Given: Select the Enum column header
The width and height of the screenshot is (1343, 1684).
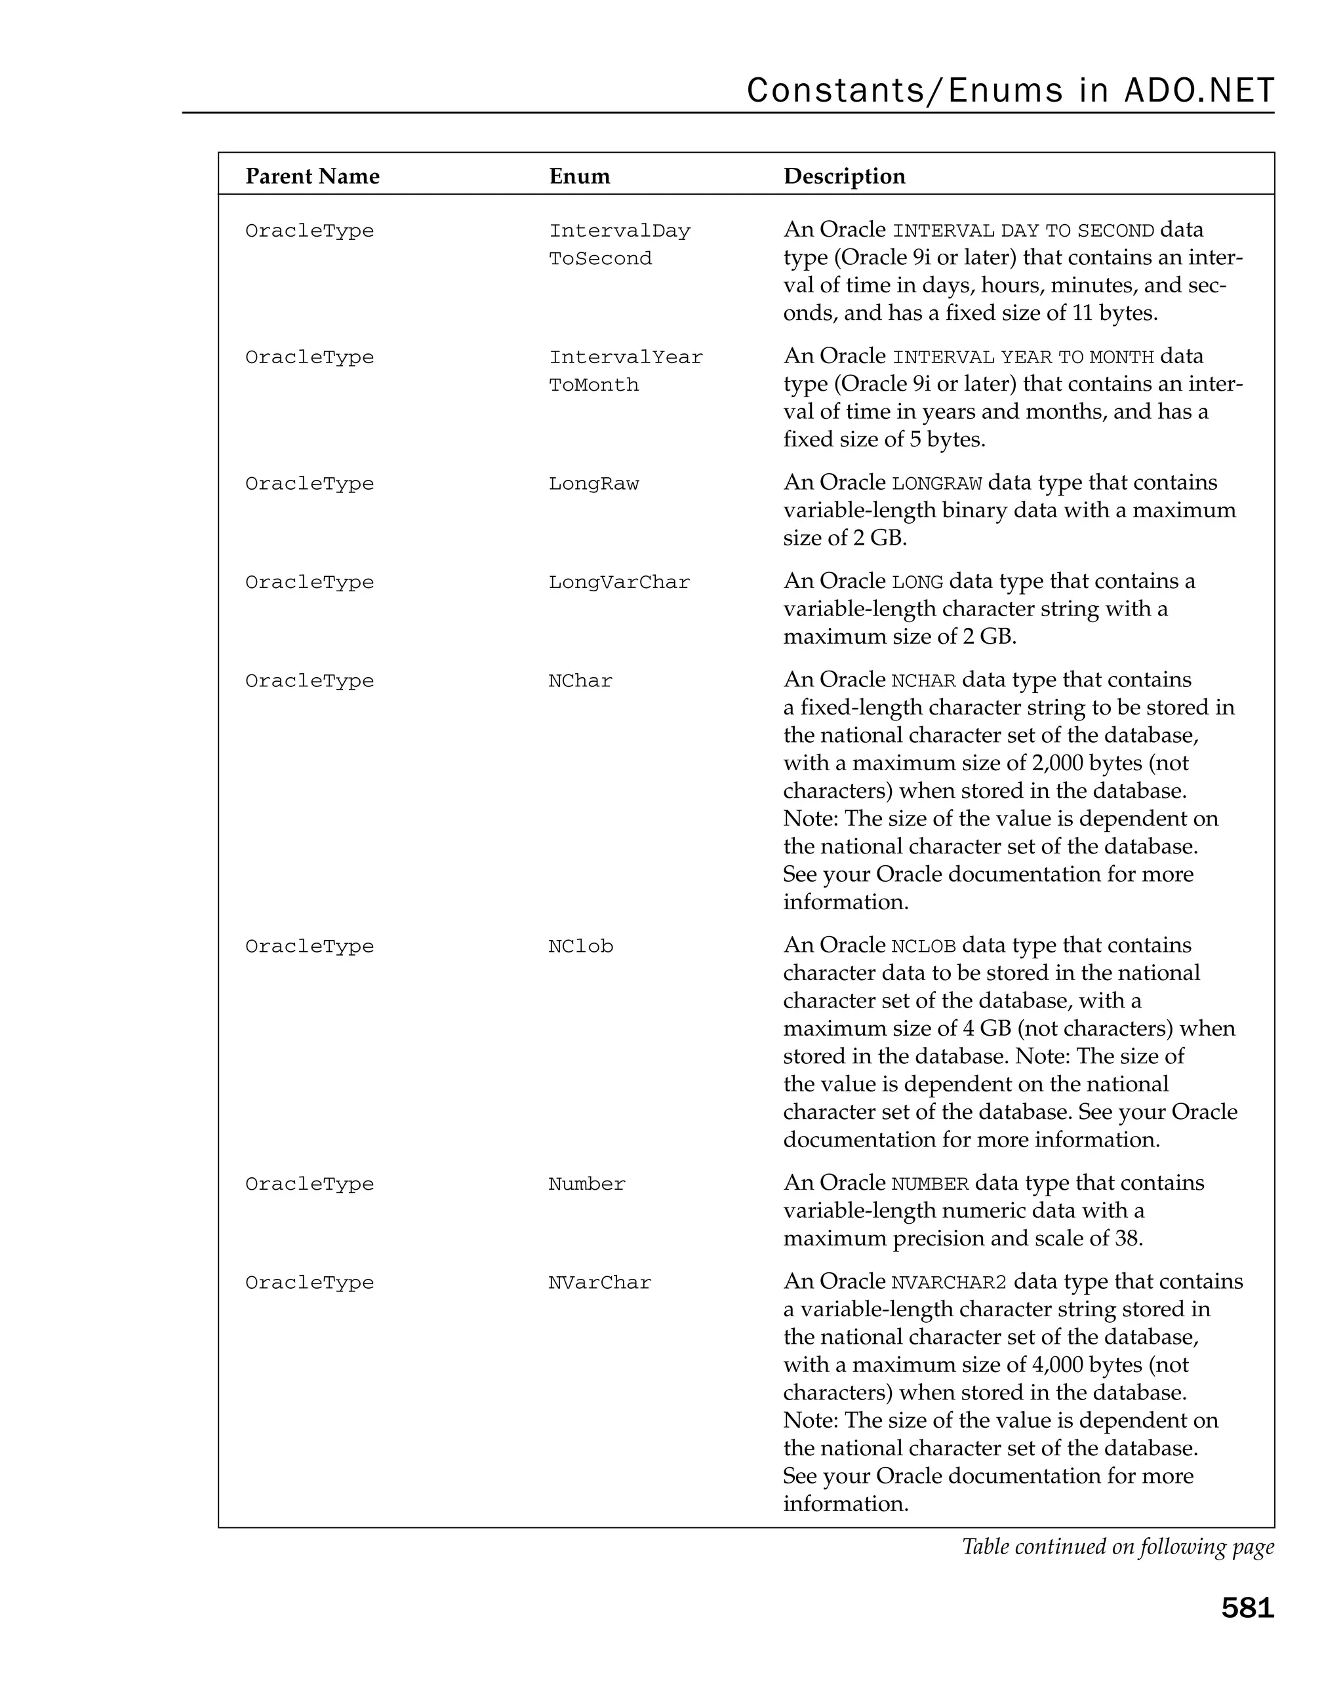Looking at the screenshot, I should click(x=579, y=176).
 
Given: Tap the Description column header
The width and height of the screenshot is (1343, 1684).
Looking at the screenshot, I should click(x=844, y=176).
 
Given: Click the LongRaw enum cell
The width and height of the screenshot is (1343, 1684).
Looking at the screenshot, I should click(x=593, y=484).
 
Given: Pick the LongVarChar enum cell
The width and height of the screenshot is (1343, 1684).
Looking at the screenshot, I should click(x=619, y=582).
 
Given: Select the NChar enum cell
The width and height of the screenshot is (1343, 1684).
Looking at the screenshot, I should click(x=580, y=680).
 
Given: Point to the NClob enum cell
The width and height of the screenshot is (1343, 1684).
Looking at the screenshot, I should click(x=580, y=946).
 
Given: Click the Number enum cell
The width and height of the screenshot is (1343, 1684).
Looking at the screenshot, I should click(x=586, y=1183).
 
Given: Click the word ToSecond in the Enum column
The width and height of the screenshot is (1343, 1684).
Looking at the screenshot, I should click(x=599, y=258).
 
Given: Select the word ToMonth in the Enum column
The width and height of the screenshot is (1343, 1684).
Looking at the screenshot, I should click(x=593, y=385).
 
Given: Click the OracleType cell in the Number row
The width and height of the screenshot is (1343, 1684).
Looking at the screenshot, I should click(x=310, y=1183).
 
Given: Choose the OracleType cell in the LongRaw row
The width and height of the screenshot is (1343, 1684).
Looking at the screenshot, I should click(x=310, y=484).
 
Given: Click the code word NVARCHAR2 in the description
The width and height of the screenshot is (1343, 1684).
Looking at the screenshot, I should click(x=948, y=1283).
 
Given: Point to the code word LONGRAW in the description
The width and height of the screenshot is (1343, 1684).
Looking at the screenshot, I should click(x=936, y=484).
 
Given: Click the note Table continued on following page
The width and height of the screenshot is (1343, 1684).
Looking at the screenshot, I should click(x=1117, y=1546).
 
